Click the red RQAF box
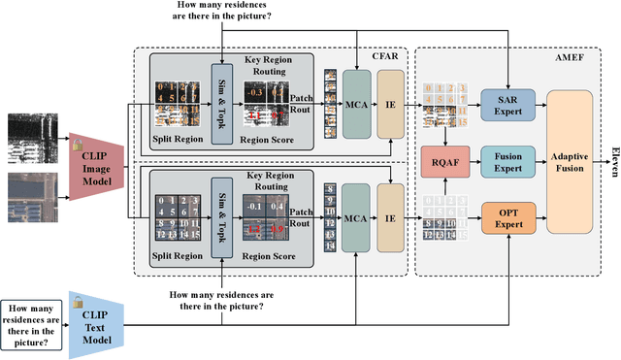tap(443, 159)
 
